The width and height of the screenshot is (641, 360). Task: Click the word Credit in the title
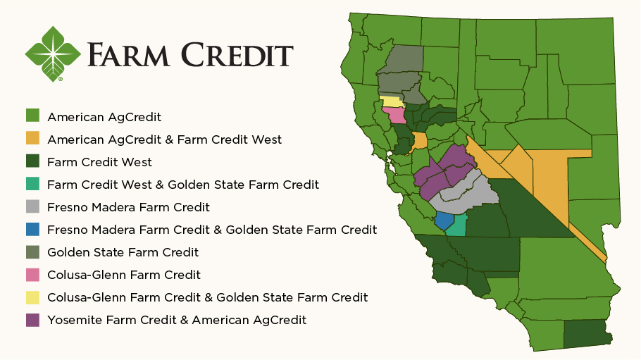(237, 55)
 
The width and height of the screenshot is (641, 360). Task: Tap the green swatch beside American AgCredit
(32, 116)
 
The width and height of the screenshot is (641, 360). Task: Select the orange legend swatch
(32, 139)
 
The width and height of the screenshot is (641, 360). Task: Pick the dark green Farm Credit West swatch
(32, 161)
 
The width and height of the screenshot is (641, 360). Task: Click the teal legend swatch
(32, 184)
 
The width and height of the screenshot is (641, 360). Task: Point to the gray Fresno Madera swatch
(32, 206)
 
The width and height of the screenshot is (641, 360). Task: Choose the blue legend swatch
(32, 229)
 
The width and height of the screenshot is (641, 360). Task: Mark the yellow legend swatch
(32, 297)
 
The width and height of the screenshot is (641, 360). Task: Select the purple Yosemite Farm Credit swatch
(32, 319)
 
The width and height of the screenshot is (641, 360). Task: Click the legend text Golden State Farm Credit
(123, 252)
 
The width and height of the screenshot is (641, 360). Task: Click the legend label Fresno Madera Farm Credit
(128, 207)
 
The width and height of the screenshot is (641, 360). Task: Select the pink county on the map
(394, 116)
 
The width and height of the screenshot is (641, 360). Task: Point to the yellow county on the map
(390, 101)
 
